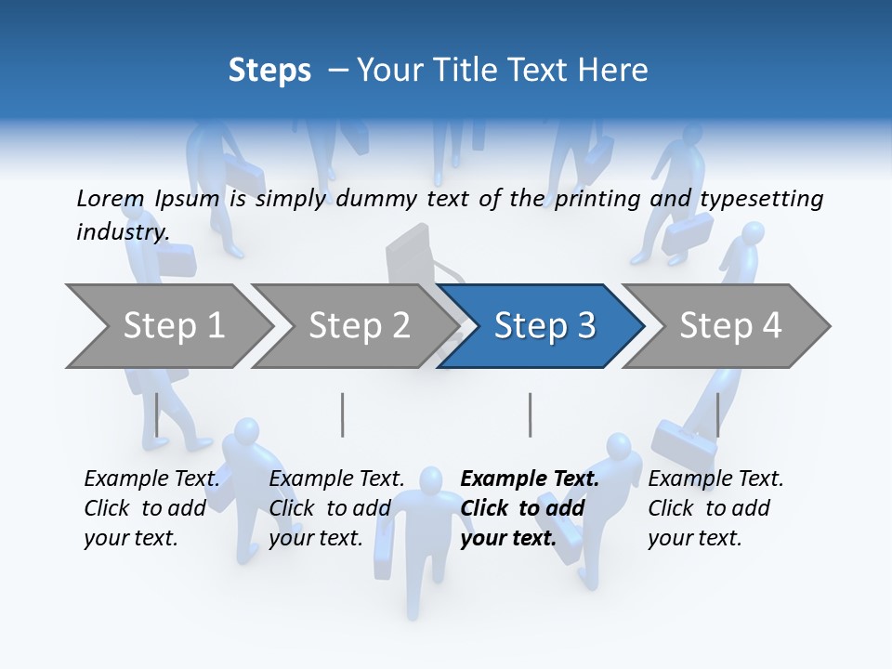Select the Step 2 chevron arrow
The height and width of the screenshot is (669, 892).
pyautogui.click(x=358, y=326)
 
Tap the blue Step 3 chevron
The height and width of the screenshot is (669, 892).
pyautogui.click(x=543, y=326)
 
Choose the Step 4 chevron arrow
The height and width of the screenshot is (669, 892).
pyautogui.click(x=729, y=326)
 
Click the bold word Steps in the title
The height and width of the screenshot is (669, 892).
pyautogui.click(x=269, y=70)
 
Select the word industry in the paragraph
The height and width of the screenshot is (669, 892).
pyautogui.click(x=122, y=231)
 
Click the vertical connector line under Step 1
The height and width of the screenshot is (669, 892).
pyautogui.click(x=157, y=414)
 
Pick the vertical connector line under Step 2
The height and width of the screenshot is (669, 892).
pyautogui.click(x=343, y=414)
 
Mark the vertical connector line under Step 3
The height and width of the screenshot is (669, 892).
pyautogui.click(x=531, y=414)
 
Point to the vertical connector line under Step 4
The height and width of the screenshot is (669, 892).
pyautogui.click(x=718, y=414)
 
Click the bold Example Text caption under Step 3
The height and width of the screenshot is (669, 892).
pyautogui.click(x=530, y=508)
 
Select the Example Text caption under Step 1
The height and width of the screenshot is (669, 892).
pyautogui.click(x=151, y=508)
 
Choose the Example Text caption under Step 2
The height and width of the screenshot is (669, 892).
pyautogui.click(x=336, y=508)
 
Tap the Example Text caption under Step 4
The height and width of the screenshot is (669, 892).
pyautogui.click(x=715, y=508)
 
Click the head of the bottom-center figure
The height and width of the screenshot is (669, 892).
pyautogui.click(x=430, y=480)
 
